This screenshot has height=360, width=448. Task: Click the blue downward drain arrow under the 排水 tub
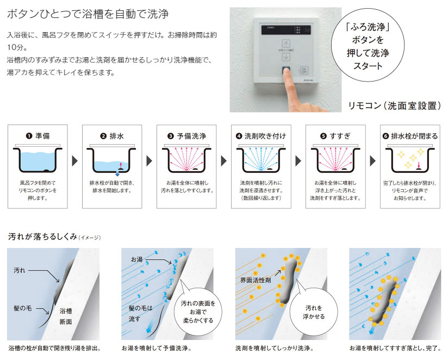[x=117, y=173]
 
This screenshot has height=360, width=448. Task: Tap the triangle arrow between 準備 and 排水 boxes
[x=75, y=161]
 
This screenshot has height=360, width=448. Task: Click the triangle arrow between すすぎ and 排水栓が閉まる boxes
[x=372, y=161]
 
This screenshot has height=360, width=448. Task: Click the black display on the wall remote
[x=286, y=30]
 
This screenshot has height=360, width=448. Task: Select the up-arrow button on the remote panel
[x=286, y=44]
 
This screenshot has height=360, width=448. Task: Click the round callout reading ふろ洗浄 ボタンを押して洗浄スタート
[x=368, y=46]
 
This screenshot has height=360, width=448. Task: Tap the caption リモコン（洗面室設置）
[x=394, y=106]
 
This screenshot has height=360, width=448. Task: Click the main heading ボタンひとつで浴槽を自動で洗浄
[x=88, y=14]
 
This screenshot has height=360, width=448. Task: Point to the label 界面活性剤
[x=256, y=280]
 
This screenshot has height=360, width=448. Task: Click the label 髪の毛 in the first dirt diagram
[x=23, y=308]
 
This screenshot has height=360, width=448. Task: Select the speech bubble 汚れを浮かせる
[x=314, y=312]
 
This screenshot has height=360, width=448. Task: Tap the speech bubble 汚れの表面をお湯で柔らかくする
[x=198, y=312]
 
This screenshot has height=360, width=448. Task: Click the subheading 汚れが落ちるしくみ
[x=42, y=237]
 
